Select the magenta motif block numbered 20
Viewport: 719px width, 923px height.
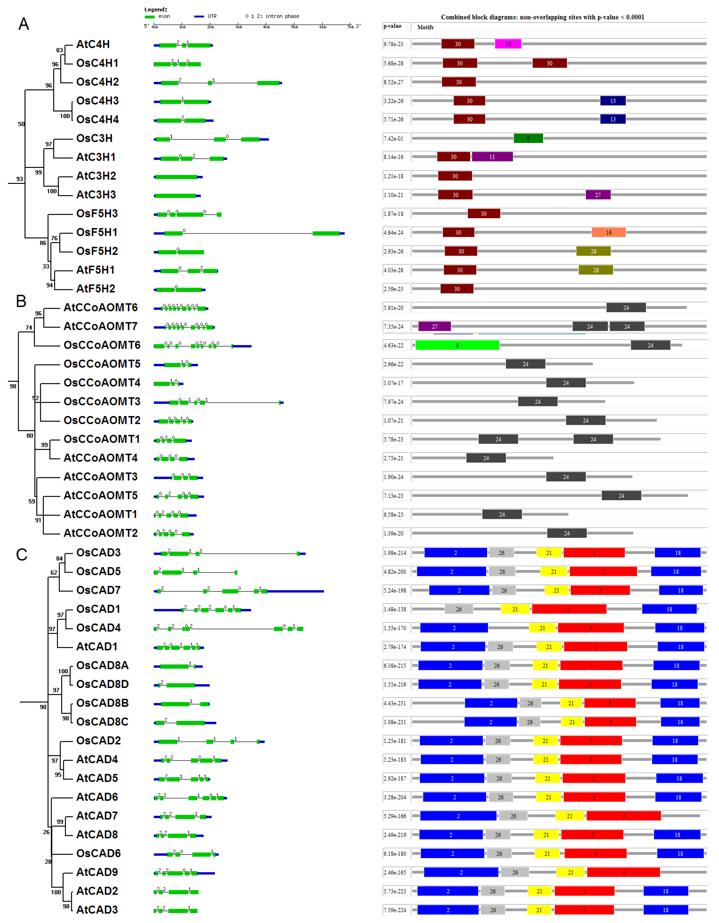coord(508,44)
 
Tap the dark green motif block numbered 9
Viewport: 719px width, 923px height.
coord(528,138)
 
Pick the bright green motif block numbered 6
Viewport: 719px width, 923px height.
coord(457,345)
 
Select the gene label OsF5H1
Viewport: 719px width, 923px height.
coord(97,232)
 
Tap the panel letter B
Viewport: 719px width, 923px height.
coord(21,301)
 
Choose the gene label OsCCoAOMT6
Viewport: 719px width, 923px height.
coord(102,345)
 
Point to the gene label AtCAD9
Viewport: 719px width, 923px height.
coord(97,872)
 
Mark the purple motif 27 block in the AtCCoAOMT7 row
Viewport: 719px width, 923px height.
coord(434,327)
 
